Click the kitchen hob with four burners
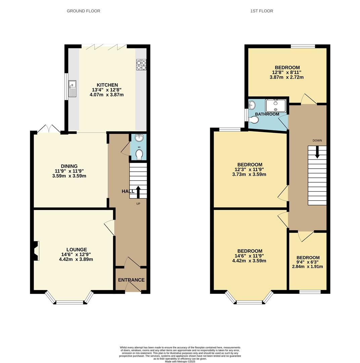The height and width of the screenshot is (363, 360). (x=141, y=65)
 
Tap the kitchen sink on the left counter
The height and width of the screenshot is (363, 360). (x=72, y=89)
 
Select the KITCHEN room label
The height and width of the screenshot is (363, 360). (x=107, y=85)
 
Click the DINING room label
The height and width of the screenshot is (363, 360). (x=69, y=166)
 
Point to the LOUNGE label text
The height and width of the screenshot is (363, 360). (x=77, y=249)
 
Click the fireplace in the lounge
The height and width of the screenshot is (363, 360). (x=36, y=251)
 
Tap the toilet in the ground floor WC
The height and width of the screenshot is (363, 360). (x=139, y=154)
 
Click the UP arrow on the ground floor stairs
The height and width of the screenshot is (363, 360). (x=138, y=191)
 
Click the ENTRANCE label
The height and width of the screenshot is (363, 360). (x=131, y=280)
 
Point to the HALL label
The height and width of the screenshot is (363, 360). (x=128, y=191)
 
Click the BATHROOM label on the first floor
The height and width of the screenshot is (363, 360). (x=267, y=114)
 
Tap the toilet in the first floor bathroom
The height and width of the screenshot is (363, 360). (x=254, y=120)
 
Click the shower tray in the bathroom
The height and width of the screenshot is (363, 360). (x=276, y=106)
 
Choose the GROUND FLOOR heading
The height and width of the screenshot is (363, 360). (x=83, y=11)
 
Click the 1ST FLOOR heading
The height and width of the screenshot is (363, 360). (x=262, y=11)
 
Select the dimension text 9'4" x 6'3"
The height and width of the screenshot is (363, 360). (x=308, y=262)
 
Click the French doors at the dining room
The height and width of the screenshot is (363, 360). (x=49, y=129)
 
